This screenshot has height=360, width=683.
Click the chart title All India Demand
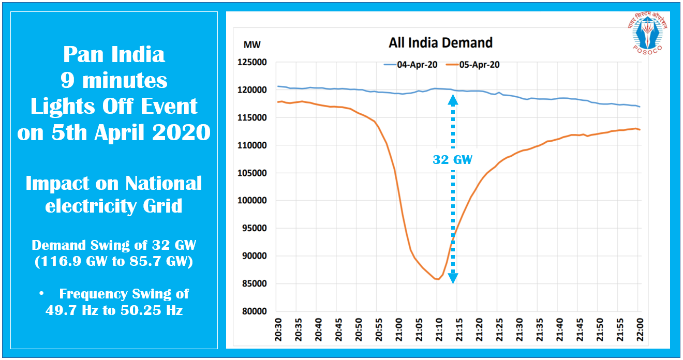point(440,42)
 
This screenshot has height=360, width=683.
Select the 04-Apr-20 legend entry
point(410,65)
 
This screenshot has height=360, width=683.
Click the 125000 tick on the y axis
point(251,63)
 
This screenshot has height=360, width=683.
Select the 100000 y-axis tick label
point(251,201)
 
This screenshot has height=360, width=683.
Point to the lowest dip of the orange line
point(437,279)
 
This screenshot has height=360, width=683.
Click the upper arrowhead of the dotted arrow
point(453,101)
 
